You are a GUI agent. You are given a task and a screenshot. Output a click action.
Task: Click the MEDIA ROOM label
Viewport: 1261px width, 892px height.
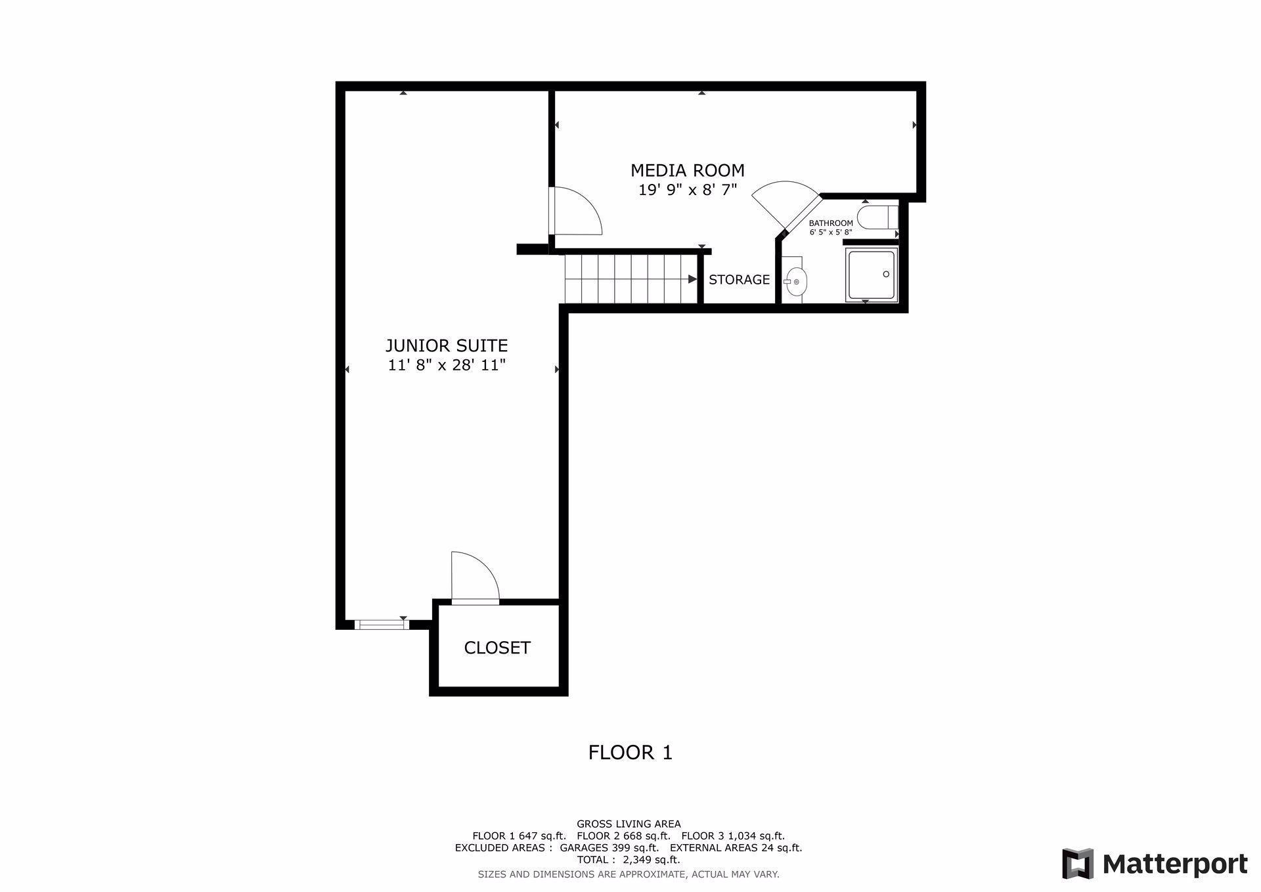click(x=687, y=171)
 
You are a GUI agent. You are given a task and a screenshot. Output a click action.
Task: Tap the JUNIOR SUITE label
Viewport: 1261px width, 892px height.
click(x=446, y=346)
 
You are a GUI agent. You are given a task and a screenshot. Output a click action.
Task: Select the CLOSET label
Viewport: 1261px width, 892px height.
click(x=497, y=648)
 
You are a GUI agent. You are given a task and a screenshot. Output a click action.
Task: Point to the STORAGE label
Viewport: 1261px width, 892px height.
click(x=739, y=280)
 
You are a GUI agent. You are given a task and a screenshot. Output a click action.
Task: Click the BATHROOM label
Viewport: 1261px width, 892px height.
click(x=830, y=223)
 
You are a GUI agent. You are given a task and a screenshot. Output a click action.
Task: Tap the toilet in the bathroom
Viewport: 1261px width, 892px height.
click(x=876, y=217)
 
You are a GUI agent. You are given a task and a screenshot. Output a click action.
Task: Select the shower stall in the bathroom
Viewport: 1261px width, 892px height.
click(x=871, y=275)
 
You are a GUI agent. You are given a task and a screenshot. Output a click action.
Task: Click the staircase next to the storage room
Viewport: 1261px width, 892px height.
click(x=630, y=279)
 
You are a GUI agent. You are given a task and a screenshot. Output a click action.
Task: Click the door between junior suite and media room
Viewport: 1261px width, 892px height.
click(x=576, y=211)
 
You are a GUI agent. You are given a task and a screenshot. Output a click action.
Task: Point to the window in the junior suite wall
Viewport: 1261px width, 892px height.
click(x=380, y=625)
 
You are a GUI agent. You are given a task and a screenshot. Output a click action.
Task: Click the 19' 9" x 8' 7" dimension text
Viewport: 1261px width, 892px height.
click(x=687, y=190)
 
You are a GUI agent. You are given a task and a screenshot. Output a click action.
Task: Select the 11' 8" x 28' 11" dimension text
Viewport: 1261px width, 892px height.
click(x=446, y=365)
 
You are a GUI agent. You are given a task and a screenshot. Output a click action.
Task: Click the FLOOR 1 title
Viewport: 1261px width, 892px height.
click(x=630, y=753)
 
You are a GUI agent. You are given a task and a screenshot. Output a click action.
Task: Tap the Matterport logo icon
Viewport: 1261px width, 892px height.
click(x=1077, y=864)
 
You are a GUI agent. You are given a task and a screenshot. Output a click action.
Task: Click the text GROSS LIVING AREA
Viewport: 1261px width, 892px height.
click(x=629, y=824)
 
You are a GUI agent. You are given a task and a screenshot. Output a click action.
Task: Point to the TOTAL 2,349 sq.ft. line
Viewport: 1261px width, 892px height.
click(x=629, y=860)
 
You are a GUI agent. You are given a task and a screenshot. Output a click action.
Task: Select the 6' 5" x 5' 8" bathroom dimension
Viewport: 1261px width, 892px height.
click(x=830, y=232)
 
